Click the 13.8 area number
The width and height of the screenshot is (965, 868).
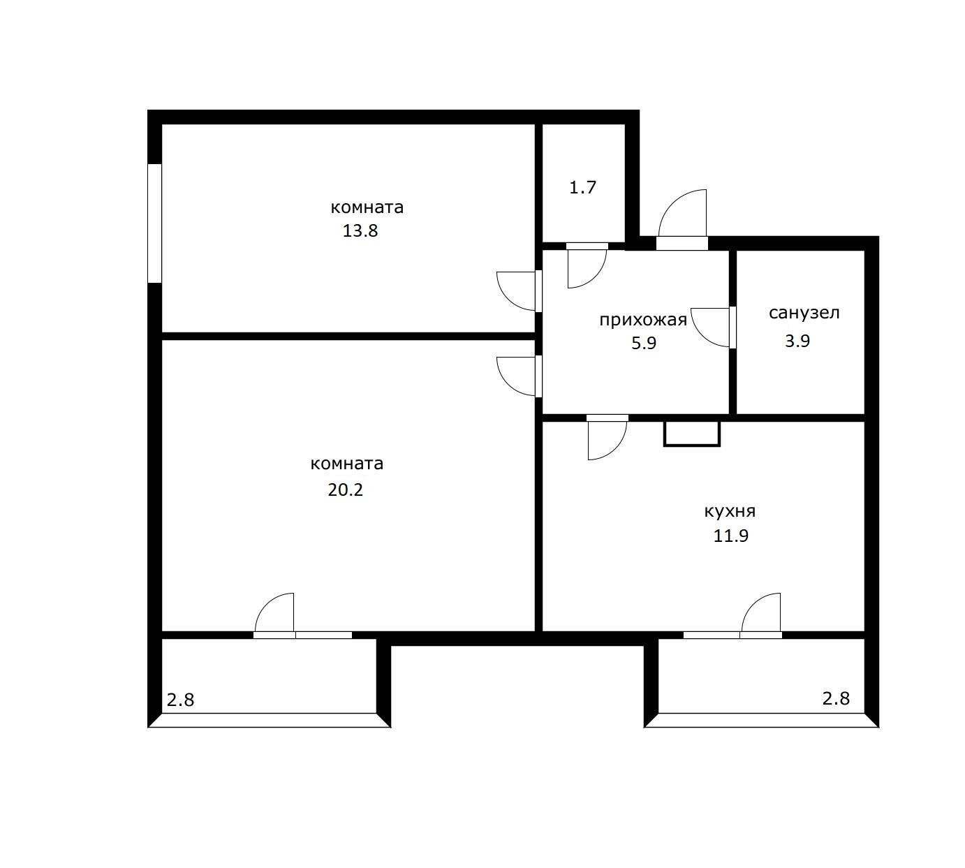pyautogui.click(x=360, y=231)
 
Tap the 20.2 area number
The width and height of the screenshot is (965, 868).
pyautogui.click(x=346, y=490)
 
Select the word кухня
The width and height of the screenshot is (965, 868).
pyautogui.click(x=730, y=511)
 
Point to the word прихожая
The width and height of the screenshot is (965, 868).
pyautogui.click(x=643, y=321)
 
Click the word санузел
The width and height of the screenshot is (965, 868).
pyautogui.click(x=804, y=313)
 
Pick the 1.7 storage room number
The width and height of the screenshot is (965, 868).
pyautogui.click(x=582, y=188)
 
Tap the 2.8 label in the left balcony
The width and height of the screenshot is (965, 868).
pyautogui.click(x=180, y=699)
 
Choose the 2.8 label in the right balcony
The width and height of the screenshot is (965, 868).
pyautogui.click(x=836, y=698)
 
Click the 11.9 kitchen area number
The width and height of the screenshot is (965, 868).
pyautogui.click(x=731, y=536)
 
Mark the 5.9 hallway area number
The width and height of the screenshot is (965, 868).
pyautogui.click(x=643, y=344)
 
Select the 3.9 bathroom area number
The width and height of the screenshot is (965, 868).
pyautogui.click(x=797, y=341)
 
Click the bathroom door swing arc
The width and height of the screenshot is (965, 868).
pyautogui.click(x=709, y=327)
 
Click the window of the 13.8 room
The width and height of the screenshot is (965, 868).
pyautogui.click(x=154, y=223)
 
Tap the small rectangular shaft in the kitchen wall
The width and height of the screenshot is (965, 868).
pyautogui.click(x=691, y=433)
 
